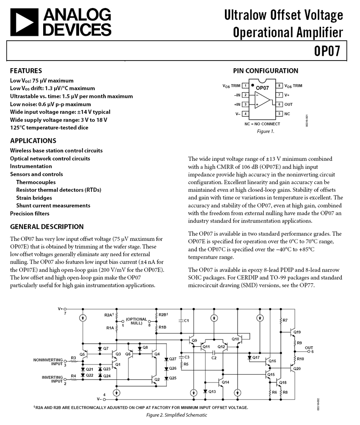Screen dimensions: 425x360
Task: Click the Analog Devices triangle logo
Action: pyautogui.click(x=24, y=22)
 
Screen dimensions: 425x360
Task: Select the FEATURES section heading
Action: pyautogui.click(x=26, y=71)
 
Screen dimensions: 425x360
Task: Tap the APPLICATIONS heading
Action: pyautogui.click(x=33, y=141)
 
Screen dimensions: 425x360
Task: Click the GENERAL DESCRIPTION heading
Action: pyautogui.click(x=47, y=226)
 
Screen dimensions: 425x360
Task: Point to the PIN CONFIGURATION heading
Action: pyautogui.click(x=266, y=71)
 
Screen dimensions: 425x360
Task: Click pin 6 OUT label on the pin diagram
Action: pyautogui.click(x=288, y=104)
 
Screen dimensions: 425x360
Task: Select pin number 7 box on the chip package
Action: pyautogui.click(x=280, y=95)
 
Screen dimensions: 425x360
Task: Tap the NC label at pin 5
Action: pyautogui.click(x=287, y=113)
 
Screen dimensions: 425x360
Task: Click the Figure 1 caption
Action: pyautogui.click(x=266, y=131)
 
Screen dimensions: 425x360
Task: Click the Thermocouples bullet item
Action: pyautogui.click(x=36, y=182)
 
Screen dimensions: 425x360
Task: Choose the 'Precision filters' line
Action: pyautogui.click(x=30, y=213)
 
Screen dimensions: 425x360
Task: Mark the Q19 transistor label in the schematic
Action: pyautogui.click(x=297, y=332)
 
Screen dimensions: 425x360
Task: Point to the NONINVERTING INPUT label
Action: pyautogui.click(x=48, y=362)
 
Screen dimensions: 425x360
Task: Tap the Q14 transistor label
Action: pyautogui.click(x=225, y=382)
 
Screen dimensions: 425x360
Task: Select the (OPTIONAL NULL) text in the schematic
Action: pyautogui.click(x=136, y=321)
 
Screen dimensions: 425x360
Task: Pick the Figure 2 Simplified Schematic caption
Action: pyautogui.click(x=177, y=415)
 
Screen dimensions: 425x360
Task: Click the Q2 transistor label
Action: pyautogui.click(x=157, y=379)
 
